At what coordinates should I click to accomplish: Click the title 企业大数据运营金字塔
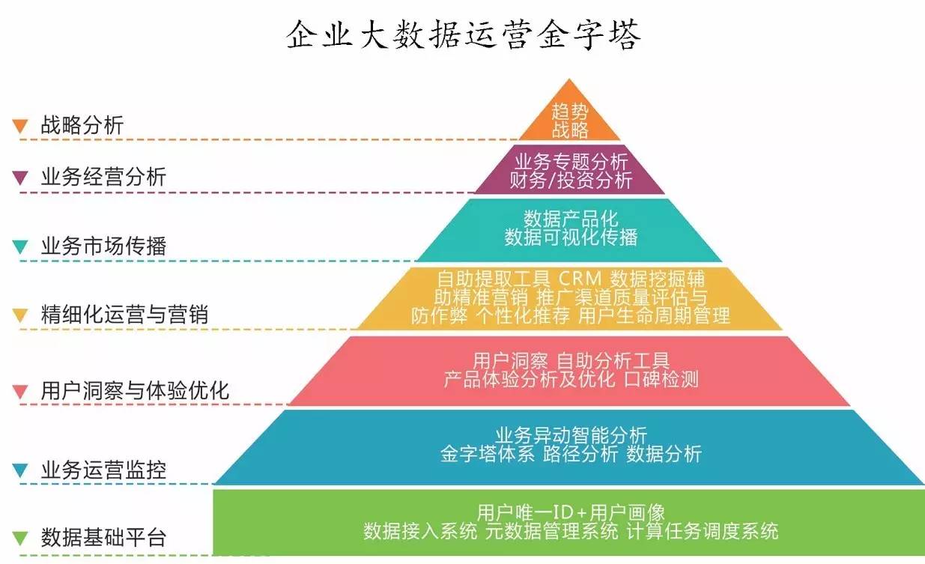[464, 34]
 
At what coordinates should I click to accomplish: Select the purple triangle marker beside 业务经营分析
[20, 178]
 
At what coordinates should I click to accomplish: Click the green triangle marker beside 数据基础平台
[20, 538]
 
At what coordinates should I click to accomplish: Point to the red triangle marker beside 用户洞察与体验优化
[20, 391]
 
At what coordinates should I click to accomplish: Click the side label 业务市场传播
[103, 246]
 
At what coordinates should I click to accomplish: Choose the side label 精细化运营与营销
[124, 315]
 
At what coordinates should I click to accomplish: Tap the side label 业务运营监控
[103, 470]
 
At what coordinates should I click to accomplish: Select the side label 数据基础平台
[103, 538]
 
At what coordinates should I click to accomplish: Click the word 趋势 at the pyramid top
[570, 112]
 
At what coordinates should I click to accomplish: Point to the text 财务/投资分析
[571, 180]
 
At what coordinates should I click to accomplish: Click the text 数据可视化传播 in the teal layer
[571, 237]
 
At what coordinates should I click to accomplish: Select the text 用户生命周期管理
[654, 315]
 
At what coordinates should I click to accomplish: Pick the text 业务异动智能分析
[571, 435]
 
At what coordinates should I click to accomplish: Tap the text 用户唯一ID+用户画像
[571, 513]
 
